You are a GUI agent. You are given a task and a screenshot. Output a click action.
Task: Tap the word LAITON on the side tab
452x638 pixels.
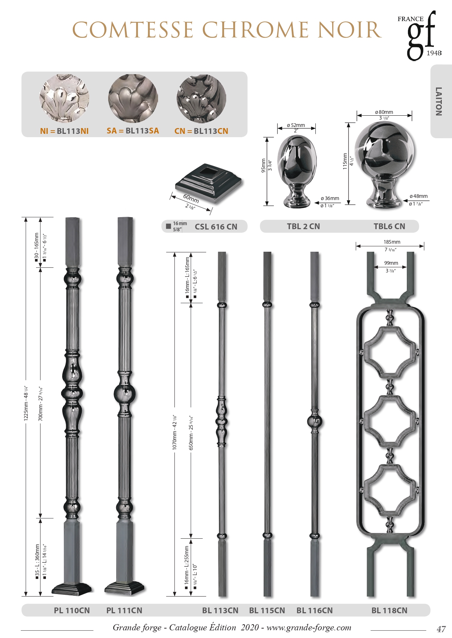pos(439,101)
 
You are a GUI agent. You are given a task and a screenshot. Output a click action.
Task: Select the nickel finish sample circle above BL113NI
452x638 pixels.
pos(64,98)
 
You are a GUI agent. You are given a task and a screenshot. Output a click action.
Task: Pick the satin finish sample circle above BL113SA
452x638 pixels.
pos(133,98)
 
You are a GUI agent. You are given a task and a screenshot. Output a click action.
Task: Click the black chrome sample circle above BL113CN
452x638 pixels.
pos(201,99)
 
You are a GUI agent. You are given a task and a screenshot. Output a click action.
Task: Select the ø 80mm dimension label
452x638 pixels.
pos(384,112)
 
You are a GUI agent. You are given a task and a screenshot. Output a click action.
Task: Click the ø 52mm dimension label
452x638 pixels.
pos(296,125)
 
